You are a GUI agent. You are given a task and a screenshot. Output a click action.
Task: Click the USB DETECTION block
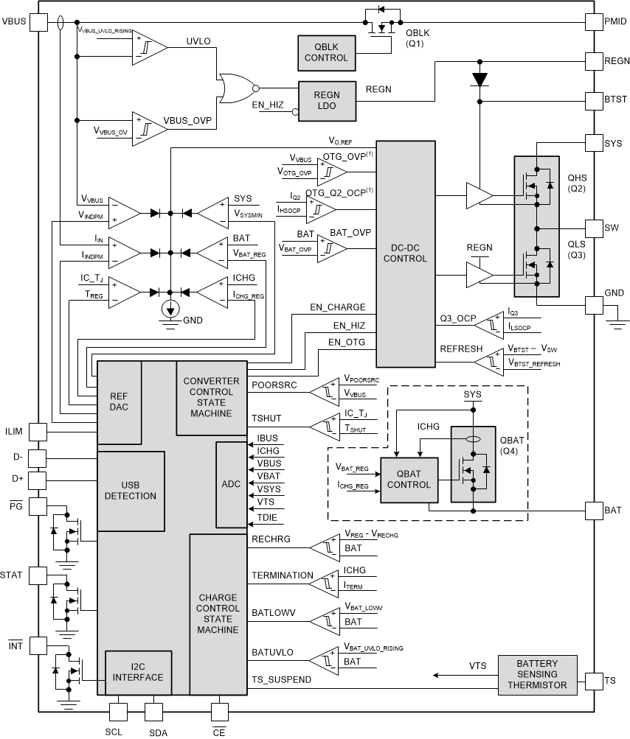(130, 490)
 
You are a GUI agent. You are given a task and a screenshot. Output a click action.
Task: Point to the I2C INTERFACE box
(139, 672)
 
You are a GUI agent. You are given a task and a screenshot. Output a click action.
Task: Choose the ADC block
(231, 484)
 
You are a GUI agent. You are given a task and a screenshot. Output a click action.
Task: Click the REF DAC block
(119, 402)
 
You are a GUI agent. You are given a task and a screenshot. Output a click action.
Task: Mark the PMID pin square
(594, 21)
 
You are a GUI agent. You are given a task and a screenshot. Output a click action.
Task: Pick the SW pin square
(594, 227)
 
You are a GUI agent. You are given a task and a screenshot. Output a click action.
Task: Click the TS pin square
(594, 680)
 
